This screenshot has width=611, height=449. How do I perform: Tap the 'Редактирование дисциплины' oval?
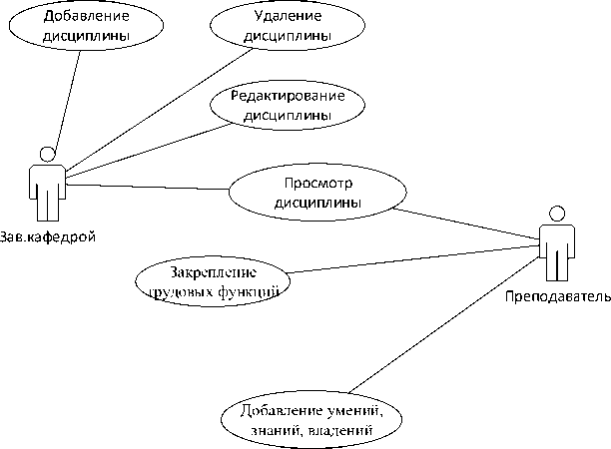click(x=287, y=105)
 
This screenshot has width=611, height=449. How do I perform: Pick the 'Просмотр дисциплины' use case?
click(x=318, y=192)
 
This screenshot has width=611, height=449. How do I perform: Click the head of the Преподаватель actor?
click(x=557, y=214)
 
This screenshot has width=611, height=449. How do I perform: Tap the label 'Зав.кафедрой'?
click(x=48, y=236)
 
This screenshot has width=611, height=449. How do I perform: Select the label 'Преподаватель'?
click(x=557, y=297)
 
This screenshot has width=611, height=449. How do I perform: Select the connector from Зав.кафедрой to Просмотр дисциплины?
click(x=150, y=187)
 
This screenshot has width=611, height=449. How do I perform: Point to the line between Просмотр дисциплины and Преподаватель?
click(x=469, y=224)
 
